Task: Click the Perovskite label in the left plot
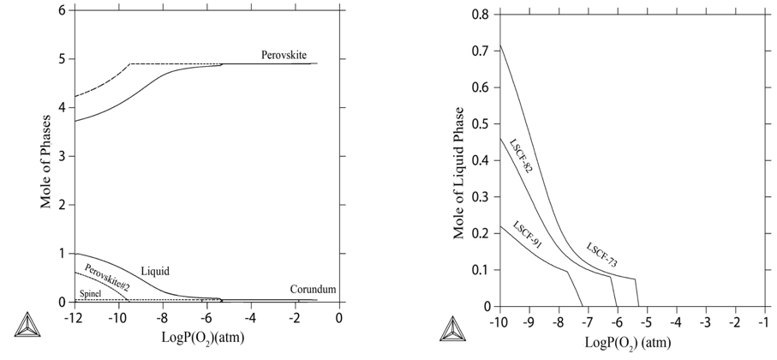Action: coord(284,54)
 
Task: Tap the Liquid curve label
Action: coord(155,271)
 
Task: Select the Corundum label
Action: coord(311,290)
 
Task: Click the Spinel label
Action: coord(90,294)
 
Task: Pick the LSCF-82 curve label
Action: coord(521,155)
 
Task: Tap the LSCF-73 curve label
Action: coord(601,255)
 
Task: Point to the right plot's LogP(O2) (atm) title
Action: coord(628,341)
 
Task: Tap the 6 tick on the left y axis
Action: coord(61,10)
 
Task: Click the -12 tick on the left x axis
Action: coord(73,317)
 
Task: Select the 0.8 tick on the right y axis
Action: coord(481,15)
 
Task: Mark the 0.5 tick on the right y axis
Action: coord(481,123)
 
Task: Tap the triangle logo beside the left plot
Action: coord(27,327)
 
